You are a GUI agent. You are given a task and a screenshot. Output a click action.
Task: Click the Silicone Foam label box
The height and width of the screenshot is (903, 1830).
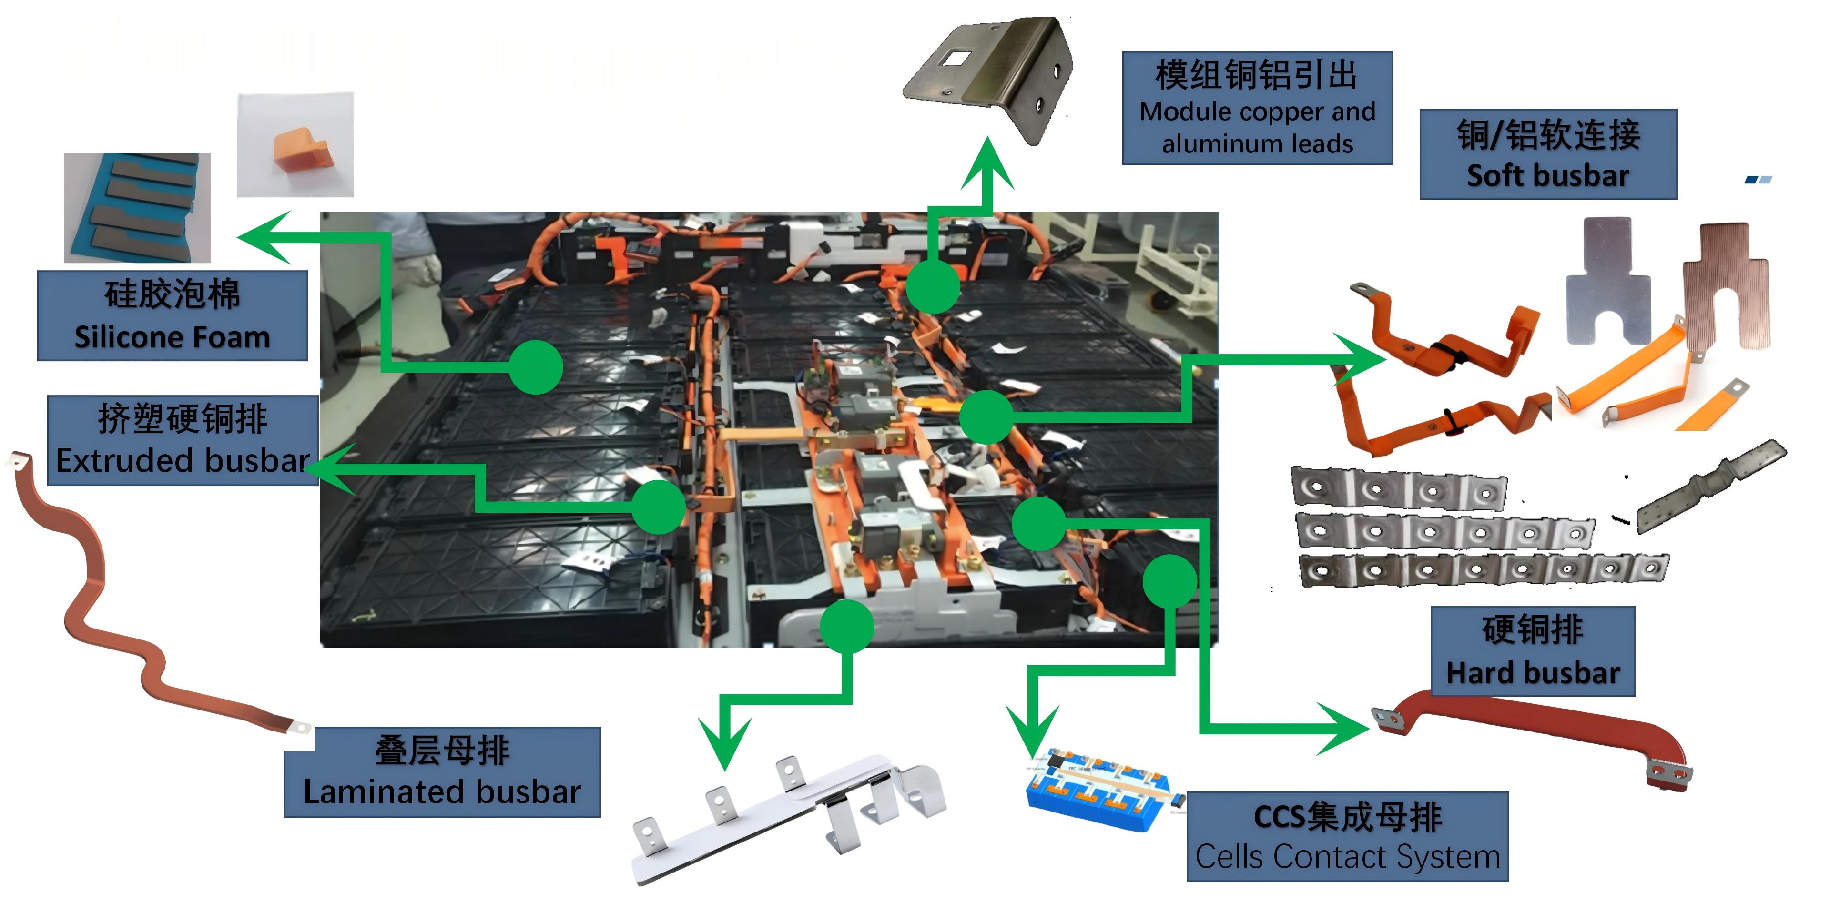click(172, 315)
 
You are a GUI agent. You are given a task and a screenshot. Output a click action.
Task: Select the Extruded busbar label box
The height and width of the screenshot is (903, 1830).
click(183, 440)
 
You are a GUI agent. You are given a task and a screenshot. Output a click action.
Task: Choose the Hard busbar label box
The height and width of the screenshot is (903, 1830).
click(1532, 651)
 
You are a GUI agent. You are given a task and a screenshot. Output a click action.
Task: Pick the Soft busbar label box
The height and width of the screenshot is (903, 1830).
click(1548, 154)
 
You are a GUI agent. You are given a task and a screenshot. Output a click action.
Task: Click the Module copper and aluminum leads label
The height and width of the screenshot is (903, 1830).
click(1257, 108)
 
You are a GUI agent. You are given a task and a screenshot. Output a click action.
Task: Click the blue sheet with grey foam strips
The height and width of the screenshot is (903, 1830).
click(137, 207)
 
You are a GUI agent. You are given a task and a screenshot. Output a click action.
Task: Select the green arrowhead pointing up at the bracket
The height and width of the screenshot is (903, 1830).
click(987, 163)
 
